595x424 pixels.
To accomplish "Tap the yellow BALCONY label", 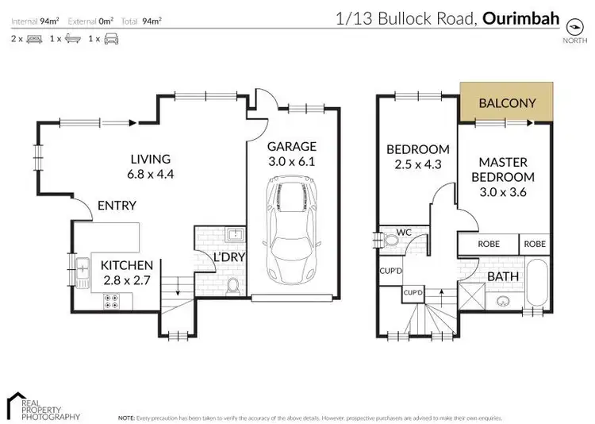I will pyautogui.click(x=508, y=102).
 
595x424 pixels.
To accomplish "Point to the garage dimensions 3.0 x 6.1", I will pyautogui.click(x=291, y=163).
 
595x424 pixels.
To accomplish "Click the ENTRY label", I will pyautogui.click(x=117, y=206).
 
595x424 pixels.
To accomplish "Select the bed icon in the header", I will pyautogui.click(x=34, y=38).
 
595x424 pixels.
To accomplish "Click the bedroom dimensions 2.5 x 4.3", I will pyautogui.click(x=417, y=165).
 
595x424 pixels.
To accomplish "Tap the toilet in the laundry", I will pyautogui.click(x=232, y=283).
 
